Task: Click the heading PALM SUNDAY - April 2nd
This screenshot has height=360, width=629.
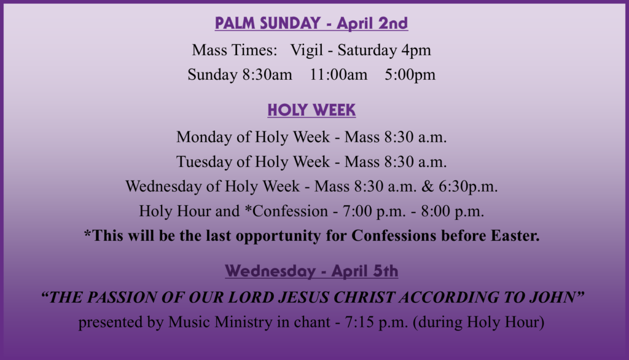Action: click(311, 23)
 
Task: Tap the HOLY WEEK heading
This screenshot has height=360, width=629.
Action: click(311, 110)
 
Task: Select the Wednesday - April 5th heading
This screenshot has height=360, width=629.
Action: click(311, 271)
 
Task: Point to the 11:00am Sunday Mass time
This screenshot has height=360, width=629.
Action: click(338, 75)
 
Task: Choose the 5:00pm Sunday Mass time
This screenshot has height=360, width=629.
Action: click(410, 75)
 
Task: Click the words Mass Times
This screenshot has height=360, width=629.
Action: click(234, 50)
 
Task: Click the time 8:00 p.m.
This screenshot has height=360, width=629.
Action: click(453, 211)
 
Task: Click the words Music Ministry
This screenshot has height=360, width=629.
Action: click(220, 323)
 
